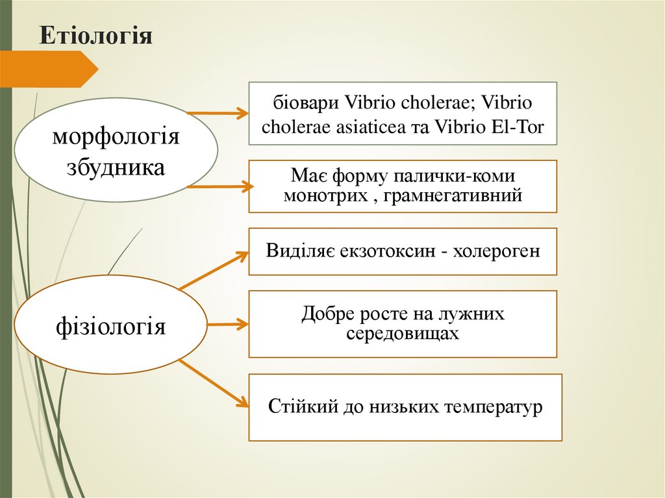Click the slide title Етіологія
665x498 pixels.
95,36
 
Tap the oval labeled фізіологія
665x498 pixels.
111,325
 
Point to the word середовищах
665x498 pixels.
403,334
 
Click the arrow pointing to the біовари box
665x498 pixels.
218,114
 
